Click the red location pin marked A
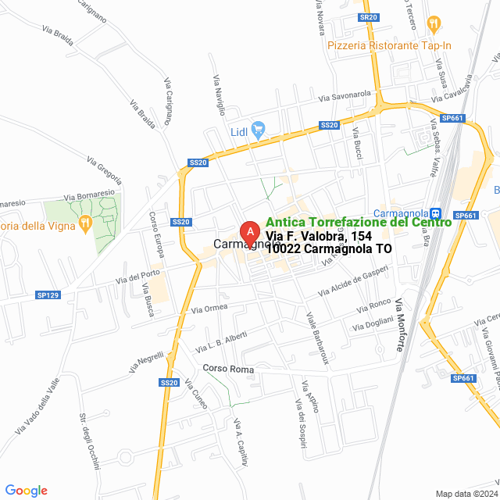point(249,233)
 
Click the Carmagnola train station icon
point(437,213)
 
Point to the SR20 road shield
point(369,16)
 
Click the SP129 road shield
point(48,295)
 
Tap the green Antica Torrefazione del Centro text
point(358,222)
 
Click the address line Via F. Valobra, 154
point(323,235)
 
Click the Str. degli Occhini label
point(90,441)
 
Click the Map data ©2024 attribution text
point(466,493)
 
